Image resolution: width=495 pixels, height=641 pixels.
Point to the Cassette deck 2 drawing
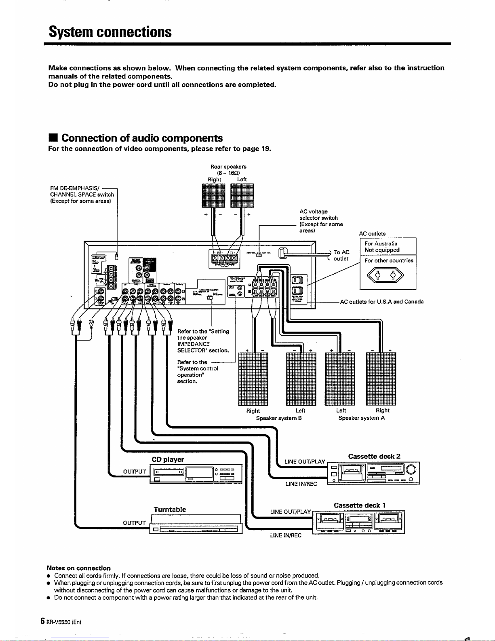[x=373, y=473]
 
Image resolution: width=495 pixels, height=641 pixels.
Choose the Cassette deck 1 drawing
[x=360, y=522]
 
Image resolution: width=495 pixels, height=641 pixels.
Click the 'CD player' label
[x=168, y=459]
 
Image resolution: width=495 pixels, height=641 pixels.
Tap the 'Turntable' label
[x=170, y=510]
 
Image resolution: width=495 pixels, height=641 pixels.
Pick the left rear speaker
[x=242, y=195]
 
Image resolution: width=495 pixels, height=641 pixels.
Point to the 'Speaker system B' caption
[x=279, y=418]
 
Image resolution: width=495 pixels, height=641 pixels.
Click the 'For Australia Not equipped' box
[x=388, y=247]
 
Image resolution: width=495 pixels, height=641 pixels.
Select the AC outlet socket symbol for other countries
[x=388, y=277]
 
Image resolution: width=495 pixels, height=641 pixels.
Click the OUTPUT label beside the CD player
[x=134, y=472]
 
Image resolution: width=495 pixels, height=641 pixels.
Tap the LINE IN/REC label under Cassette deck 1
[x=286, y=536]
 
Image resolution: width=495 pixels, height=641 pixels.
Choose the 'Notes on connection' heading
[x=79, y=568]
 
